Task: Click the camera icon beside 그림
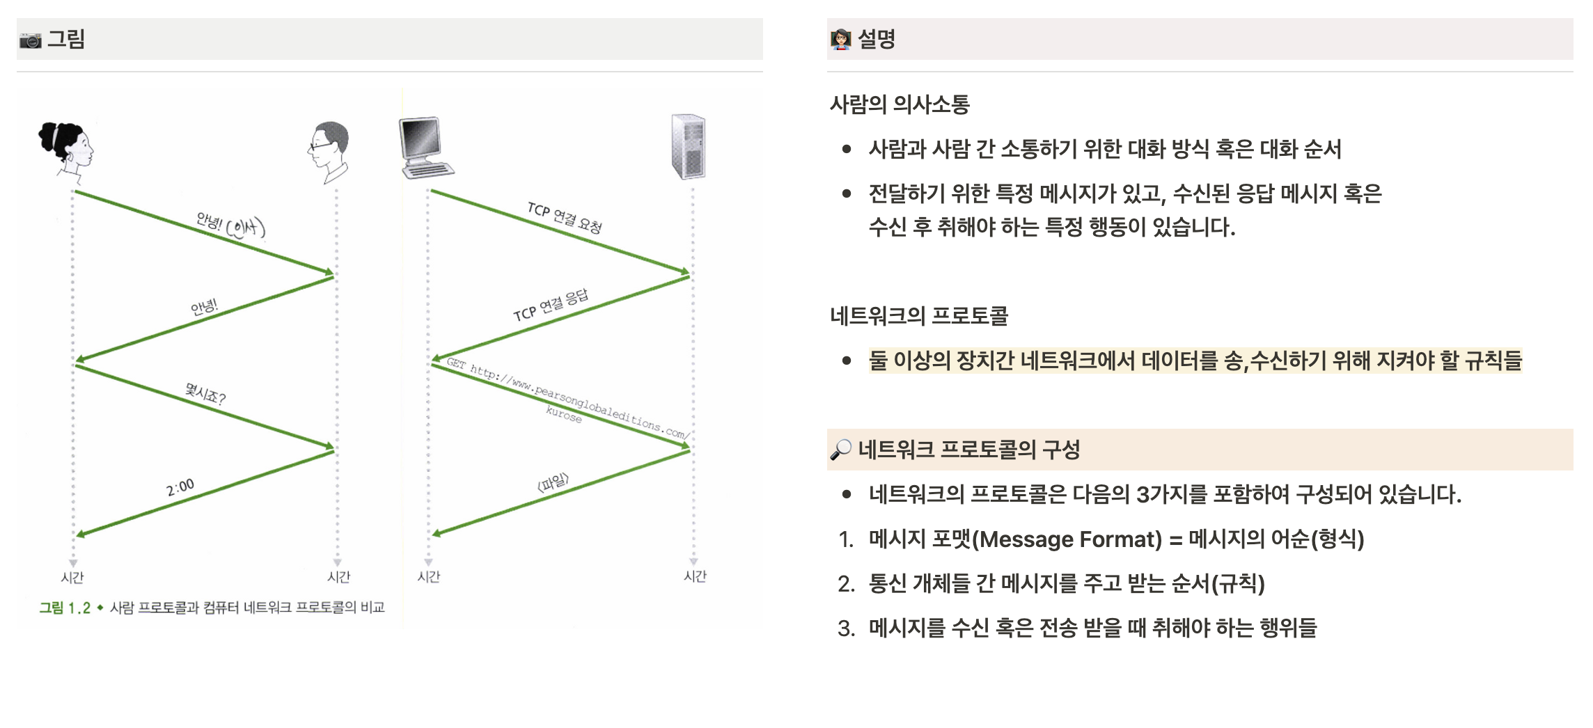[30, 40]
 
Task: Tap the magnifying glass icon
[840, 450]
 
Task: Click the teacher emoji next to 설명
[840, 40]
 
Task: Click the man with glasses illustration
[329, 150]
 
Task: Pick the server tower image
[689, 146]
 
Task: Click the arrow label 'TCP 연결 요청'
[565, 217]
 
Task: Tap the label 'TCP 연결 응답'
[551, 305]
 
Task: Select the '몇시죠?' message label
[205, 394]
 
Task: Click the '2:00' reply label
[180, 487]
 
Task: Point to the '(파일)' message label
[554, 482]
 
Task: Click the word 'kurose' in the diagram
[563, 415]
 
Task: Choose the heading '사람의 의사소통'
[900, 104]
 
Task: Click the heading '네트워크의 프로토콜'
[919, 316]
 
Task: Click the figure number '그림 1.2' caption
[65, 608]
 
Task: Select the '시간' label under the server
[695, 576]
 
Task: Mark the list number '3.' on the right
[846, 628]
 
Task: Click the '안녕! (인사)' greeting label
[230, 225]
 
